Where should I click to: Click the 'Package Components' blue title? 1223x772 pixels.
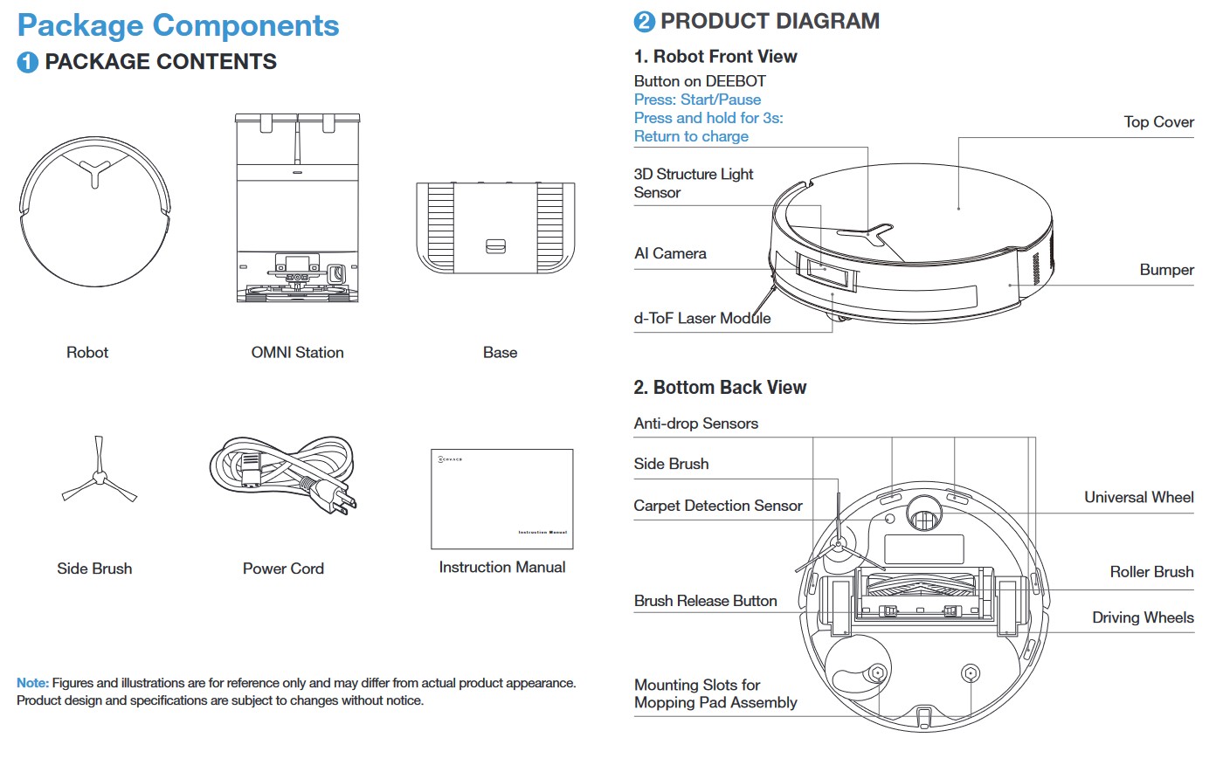pos(178,25)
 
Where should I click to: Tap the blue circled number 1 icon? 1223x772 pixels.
pos(27,62)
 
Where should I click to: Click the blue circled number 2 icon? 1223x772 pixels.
pos(644,22)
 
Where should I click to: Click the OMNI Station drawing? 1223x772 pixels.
pos(297,208)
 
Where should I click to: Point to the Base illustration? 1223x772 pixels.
pos(495,227)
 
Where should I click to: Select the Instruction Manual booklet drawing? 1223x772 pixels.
pos(502,499)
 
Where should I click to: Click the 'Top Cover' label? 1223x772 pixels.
pos(1158,122)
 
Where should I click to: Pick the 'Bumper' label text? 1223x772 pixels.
pos(1166,270)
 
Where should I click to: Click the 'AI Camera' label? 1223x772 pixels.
pos(670,253)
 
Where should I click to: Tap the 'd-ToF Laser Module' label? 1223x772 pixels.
pos(701,319)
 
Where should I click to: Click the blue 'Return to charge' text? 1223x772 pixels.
pos(691,136)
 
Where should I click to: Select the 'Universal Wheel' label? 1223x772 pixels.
pos(1138,497)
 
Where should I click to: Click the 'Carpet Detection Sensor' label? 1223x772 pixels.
pos(717,506)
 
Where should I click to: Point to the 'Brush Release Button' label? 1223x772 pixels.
pos(705,601)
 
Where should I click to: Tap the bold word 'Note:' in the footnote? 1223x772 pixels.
pos(32,683)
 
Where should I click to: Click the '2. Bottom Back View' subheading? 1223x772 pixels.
pos(720,387)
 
